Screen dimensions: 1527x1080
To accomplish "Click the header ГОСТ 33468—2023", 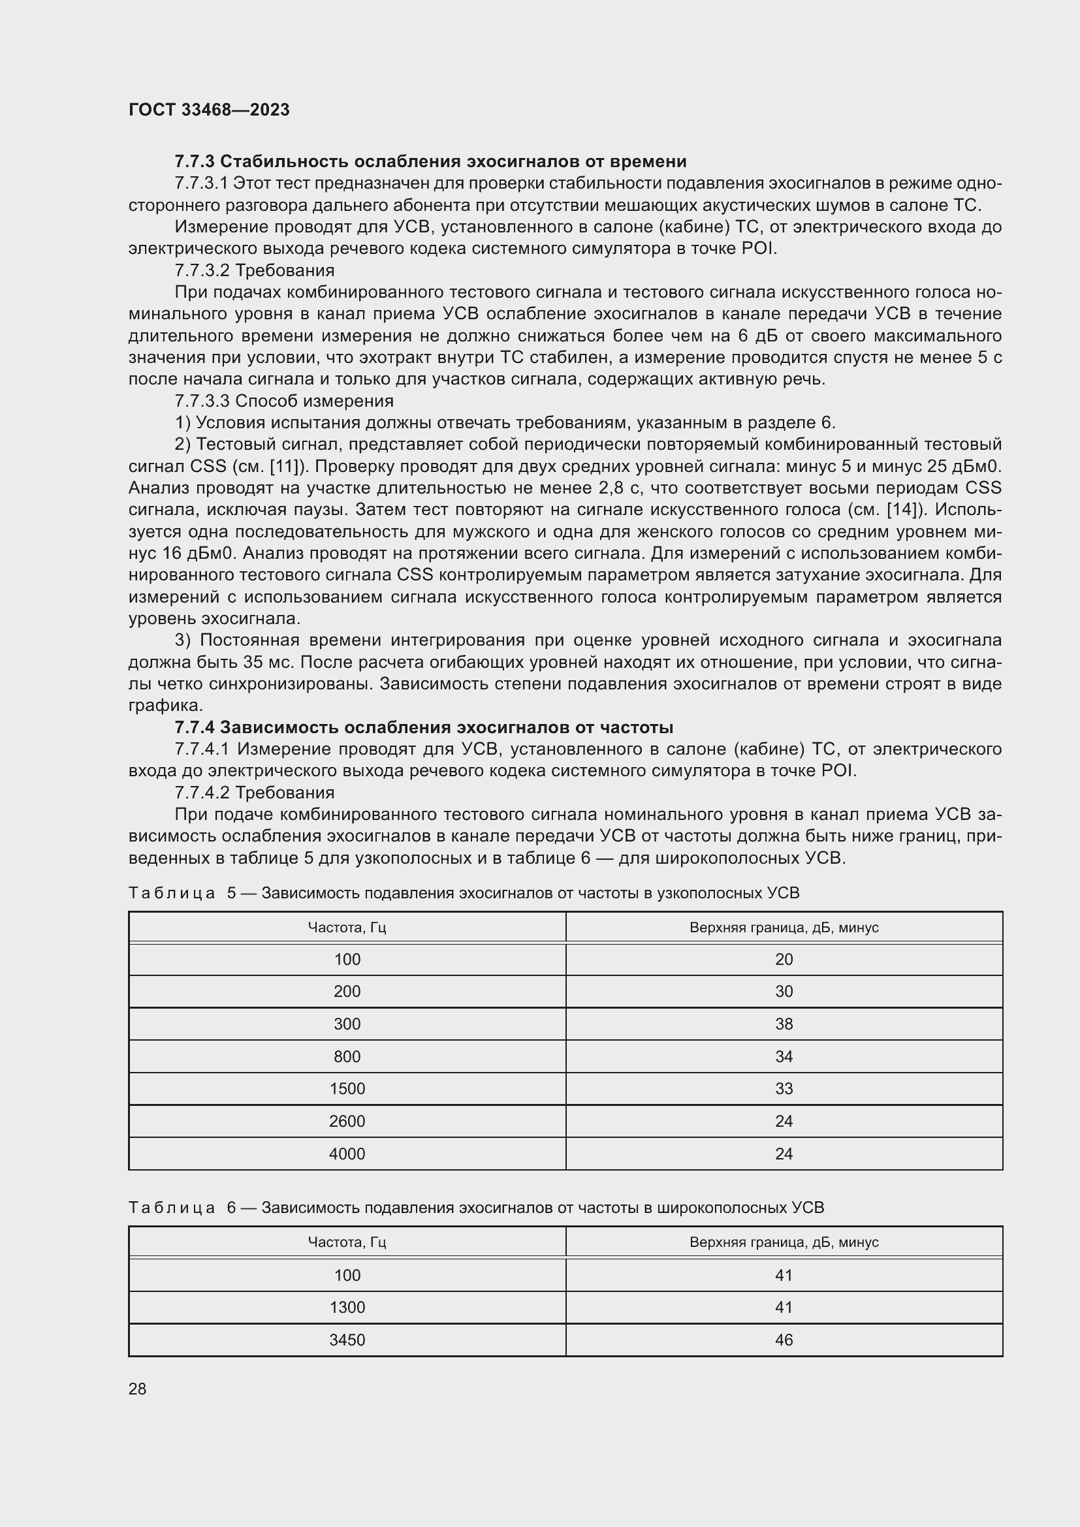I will [x=209, y=110].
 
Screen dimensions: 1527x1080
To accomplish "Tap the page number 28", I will [x=137, y=1389].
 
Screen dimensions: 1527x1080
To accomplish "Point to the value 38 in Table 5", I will [x=784, y=1024].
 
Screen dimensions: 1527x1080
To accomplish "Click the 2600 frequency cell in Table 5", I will [x=347, y=1122].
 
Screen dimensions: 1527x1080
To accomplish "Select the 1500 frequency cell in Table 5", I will [x=347, y=1089].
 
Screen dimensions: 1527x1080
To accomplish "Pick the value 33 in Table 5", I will [x=784, y=1089].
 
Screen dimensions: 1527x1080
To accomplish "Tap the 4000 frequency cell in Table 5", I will [x=347, y=1154].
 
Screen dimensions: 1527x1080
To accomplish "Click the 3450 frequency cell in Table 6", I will [x=347, y=1340].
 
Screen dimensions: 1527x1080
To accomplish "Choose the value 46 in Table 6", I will [x=784, y=1340].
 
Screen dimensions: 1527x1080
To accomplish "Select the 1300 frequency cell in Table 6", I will [x=347, y=1308].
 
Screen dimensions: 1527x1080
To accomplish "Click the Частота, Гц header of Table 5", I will [x=347, y=927].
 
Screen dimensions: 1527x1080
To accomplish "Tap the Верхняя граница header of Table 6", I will [x=784, y=1242].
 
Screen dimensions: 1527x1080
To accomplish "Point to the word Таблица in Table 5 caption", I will [x=172, y=893].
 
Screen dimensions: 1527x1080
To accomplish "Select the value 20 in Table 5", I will [x=784, y=959].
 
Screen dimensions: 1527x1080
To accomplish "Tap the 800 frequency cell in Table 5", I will [x=347, y=1057].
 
